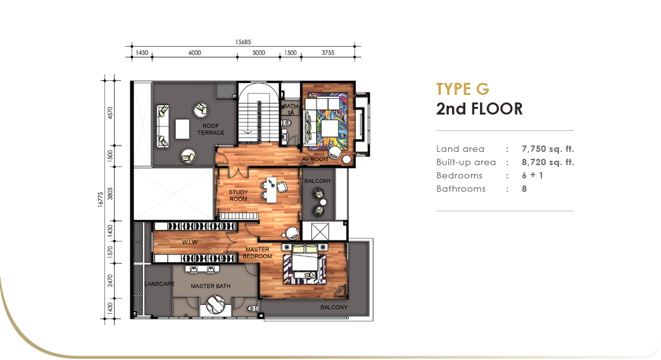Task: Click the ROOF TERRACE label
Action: (211, 129)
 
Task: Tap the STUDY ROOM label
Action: (238, 196)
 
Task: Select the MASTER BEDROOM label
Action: (257, 252)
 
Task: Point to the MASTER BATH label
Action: (210, 286)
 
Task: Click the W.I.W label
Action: (190, 242)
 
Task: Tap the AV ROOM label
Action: (315, 159)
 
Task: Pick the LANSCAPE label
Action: (160, 284)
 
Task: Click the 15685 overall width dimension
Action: (243, 42)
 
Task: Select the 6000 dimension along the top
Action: (195, 53)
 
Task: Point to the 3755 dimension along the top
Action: (328, 53)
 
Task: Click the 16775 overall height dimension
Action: (100, 199)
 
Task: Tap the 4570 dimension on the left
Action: (110, 113)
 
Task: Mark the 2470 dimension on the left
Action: (110, 281)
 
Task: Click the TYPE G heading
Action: (462, 89)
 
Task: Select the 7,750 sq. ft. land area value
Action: (548, 149)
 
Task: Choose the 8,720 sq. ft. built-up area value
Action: (548, 162)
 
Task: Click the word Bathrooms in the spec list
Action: (461, 189)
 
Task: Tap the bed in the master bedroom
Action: (305, 259)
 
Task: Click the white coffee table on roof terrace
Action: (182, 129)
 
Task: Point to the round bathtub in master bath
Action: (215, 304)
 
